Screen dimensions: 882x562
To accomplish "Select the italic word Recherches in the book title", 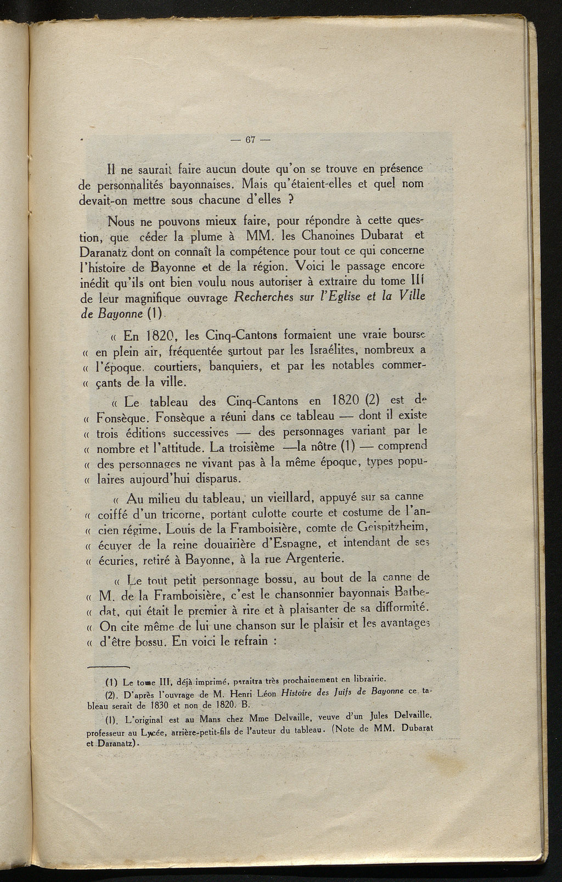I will (x=265, y=299).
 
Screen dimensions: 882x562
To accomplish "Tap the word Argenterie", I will (x=312, y=560).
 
